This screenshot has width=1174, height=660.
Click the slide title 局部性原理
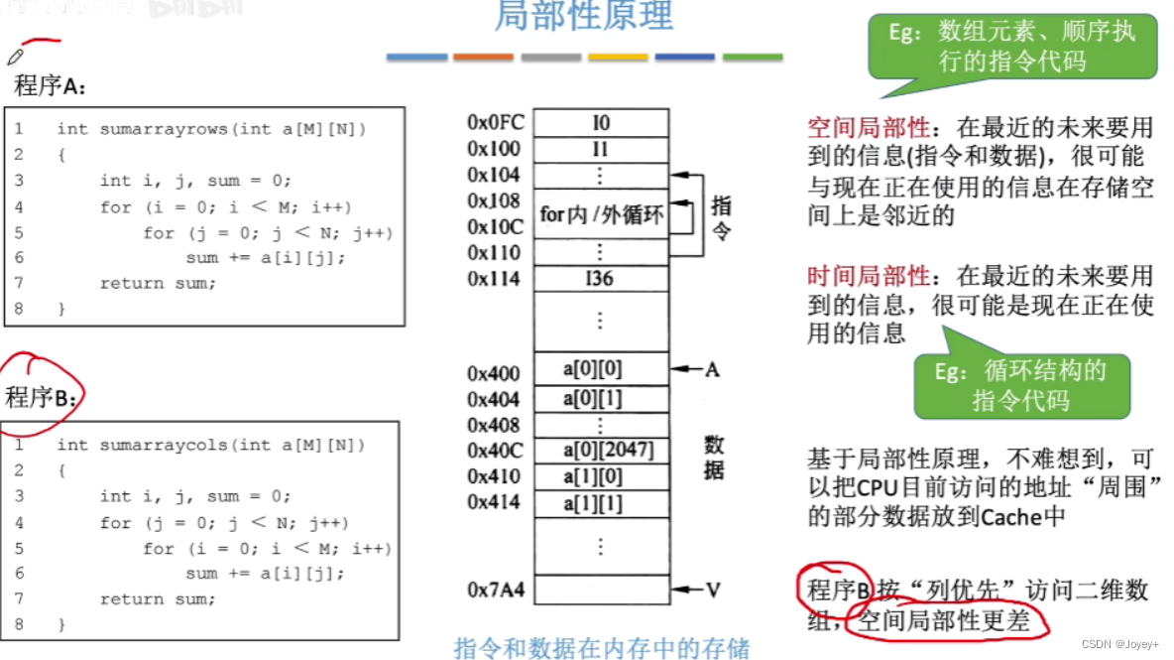pos(583,17)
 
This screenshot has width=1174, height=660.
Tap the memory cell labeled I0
pos(601,123)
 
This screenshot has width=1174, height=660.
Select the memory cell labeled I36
pos(601,278)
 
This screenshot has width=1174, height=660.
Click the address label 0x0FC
pos(496,123)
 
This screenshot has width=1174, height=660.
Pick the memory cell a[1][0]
pos(601,476)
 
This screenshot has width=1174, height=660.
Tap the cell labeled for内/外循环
pos(601,213)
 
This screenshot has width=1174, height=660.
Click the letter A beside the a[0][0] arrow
pos(712,370)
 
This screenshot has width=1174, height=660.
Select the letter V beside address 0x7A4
pos(712,592)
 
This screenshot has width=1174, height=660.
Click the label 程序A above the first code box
pos(50,86)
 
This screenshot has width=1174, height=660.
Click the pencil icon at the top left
pos(15,57)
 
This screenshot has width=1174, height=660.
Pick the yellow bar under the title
pos(618,58)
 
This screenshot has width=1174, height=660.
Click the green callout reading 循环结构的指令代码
pos(1020,385)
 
